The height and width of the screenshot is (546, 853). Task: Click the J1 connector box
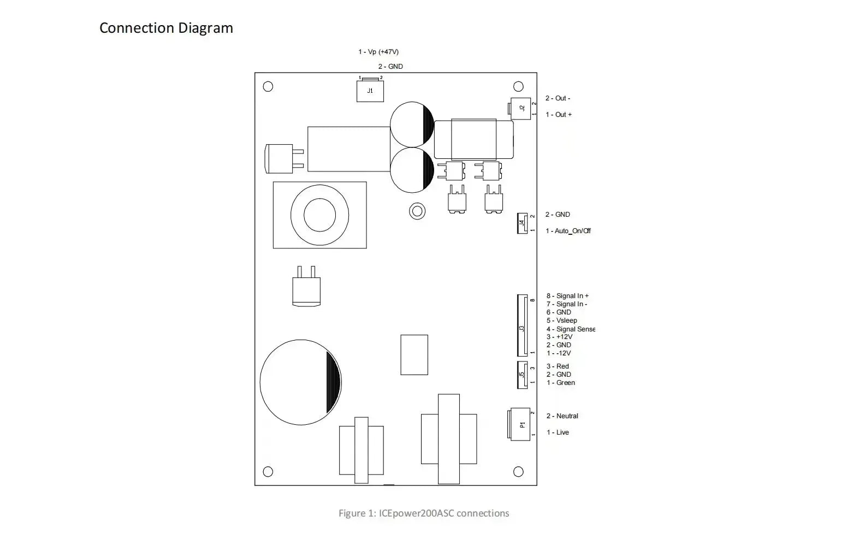tap(370, 91)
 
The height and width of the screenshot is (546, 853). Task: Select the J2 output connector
tap(520, 109)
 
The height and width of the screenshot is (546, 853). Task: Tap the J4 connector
tap(522, 223)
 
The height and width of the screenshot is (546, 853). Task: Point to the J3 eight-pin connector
tap(522, 325)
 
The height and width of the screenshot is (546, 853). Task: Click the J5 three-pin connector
tap(522, 375)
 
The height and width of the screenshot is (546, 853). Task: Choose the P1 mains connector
tap(519, 424)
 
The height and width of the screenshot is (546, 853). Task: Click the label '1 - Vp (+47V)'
tap(378, 52)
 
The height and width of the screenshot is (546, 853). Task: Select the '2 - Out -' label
tap(558, 98)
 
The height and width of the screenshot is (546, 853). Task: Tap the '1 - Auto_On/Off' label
tap(568, 231)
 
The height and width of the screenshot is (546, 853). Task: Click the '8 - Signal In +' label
tap(567, 296)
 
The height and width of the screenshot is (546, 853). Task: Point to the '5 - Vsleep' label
tap(562, 321)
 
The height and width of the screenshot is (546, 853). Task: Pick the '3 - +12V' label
tap(559, 337)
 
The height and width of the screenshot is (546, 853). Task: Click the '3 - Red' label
tap(558, 366)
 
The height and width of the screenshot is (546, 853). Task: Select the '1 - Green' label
tap(560, 383)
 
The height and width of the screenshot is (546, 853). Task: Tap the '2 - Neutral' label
tap(562, 416)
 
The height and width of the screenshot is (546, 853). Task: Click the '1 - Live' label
tap(558, 432)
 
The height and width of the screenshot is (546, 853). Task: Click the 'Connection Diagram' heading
tap(166, 28)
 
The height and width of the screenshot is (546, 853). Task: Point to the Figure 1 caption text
tap(424, 513)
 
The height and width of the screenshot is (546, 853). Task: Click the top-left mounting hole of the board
tap(268, 87)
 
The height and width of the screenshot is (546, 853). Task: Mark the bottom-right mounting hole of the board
tap(518, 472)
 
